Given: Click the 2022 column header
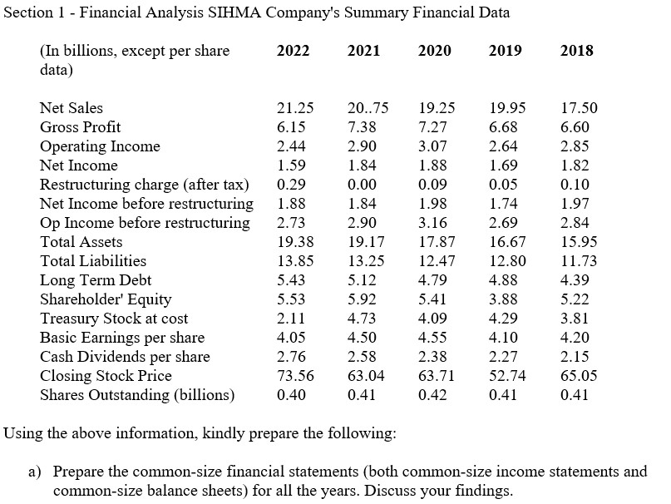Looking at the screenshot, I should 293,51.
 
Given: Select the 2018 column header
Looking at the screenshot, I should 577,51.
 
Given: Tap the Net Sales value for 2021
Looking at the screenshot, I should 367,108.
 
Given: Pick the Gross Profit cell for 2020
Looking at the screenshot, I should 435,127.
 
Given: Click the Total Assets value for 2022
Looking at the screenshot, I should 295,242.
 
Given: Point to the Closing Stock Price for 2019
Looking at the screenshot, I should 507,376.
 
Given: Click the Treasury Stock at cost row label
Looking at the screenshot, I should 114,319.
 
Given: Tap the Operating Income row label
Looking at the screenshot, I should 100,146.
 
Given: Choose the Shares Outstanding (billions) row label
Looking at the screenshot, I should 137,394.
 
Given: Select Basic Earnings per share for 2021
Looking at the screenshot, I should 363,338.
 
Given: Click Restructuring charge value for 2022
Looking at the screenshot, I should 291,185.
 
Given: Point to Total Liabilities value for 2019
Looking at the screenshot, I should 507,261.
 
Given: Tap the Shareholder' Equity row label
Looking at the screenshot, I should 106,299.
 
